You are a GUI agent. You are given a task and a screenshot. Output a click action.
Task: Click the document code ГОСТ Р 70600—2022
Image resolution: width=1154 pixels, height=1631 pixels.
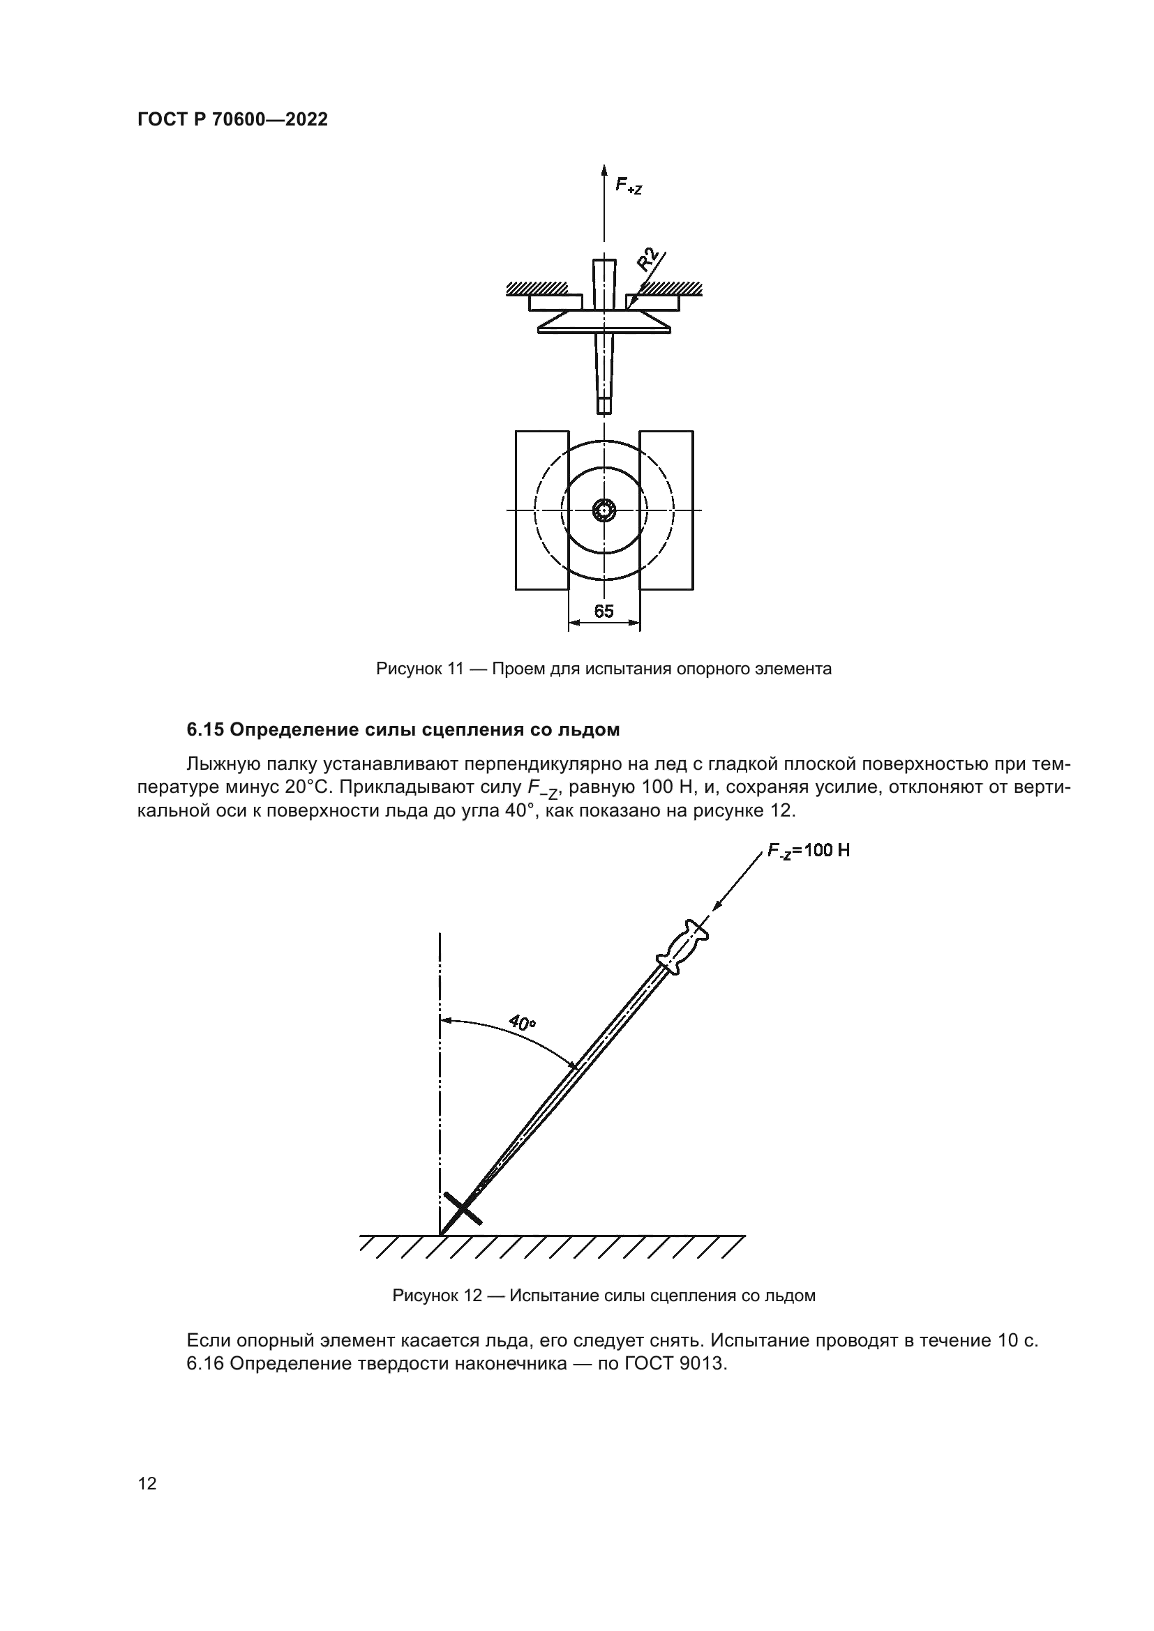[x=232, y=119]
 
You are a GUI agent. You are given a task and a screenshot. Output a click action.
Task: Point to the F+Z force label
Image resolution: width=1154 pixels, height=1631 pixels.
[x=628, y=186]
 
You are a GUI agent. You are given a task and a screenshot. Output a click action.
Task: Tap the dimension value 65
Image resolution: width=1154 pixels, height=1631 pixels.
[x=604, y=612]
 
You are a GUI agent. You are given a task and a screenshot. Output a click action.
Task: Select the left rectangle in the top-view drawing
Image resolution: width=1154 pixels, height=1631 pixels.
[x=542, y=510]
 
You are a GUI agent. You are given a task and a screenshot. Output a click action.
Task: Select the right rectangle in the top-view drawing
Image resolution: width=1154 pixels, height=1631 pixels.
[x=666, y=510]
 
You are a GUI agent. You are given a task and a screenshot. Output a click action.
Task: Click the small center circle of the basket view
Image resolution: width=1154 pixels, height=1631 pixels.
[x=604, y=510]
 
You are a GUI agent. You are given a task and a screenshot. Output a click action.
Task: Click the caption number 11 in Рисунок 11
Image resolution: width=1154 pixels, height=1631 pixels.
[x=456, y=669]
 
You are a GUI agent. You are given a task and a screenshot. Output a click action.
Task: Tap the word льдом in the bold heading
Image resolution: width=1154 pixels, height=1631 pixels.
[x=591, y=729]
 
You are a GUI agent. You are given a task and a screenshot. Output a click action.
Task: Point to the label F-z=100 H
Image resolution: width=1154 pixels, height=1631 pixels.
[x=808, y=850]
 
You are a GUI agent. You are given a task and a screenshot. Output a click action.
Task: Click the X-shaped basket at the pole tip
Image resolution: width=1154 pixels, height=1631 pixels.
[x=462, y=1208]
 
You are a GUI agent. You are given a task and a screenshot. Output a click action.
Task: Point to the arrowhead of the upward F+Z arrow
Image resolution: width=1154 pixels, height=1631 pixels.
[x=604, y=170]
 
